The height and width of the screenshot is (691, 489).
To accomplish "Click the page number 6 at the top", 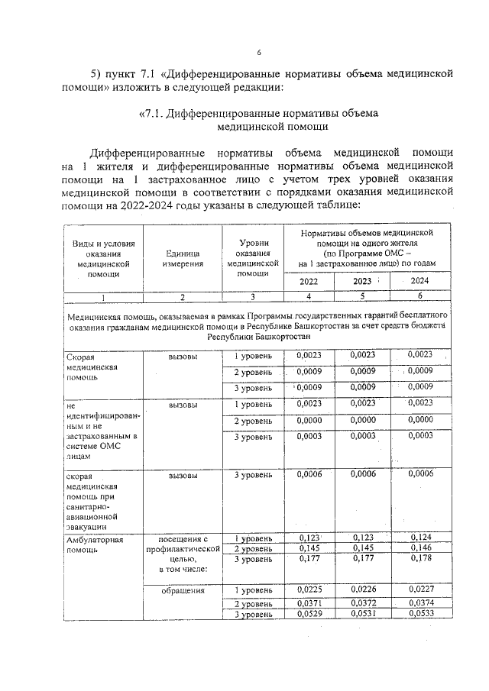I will (259, 52).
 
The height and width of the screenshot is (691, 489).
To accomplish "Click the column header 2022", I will (309, 281).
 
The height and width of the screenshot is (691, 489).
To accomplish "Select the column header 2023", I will (361, 281).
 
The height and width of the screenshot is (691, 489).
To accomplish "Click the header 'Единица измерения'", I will (182, 257).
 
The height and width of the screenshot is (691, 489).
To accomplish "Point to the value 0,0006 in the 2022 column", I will (309, 475).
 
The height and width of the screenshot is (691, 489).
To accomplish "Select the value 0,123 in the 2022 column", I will (309, 538).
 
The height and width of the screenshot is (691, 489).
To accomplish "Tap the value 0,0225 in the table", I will (309, 590).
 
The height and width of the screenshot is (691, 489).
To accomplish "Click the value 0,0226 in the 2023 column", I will (364, 590).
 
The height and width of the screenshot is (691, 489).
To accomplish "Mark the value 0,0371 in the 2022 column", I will (309, 603).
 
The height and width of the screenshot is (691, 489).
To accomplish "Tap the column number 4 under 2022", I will (309, 296).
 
